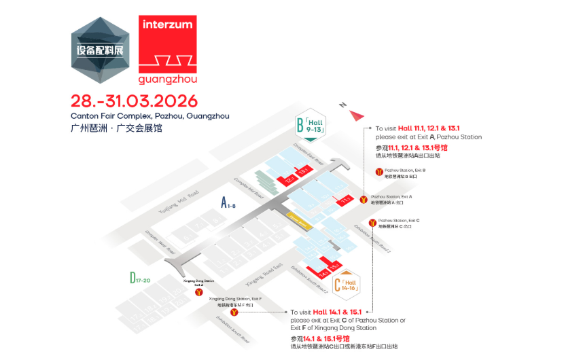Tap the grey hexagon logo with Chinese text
pos(101,50)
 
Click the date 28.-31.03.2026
pos(134,101)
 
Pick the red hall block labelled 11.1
pos(346,200)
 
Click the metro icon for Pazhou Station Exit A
pos(364,199)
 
